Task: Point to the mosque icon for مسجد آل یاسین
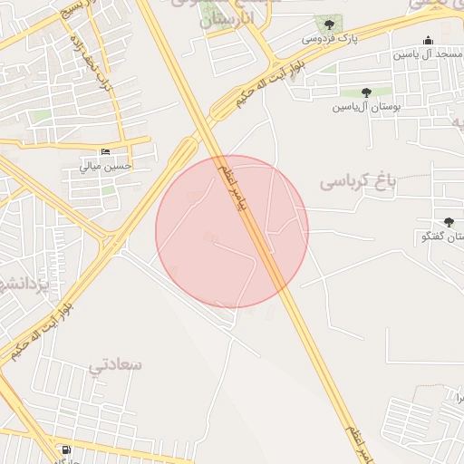(428, 40)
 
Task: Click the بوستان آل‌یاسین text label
(366, 107)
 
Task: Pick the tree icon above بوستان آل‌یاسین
(366, 92)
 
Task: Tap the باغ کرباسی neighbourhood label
(358, 181)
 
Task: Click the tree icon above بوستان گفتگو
(449, 222)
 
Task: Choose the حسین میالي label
(105, 166)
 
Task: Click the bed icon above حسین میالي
(106, 151)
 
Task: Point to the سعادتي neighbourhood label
(115, 364)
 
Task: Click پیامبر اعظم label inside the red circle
(231, 186)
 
